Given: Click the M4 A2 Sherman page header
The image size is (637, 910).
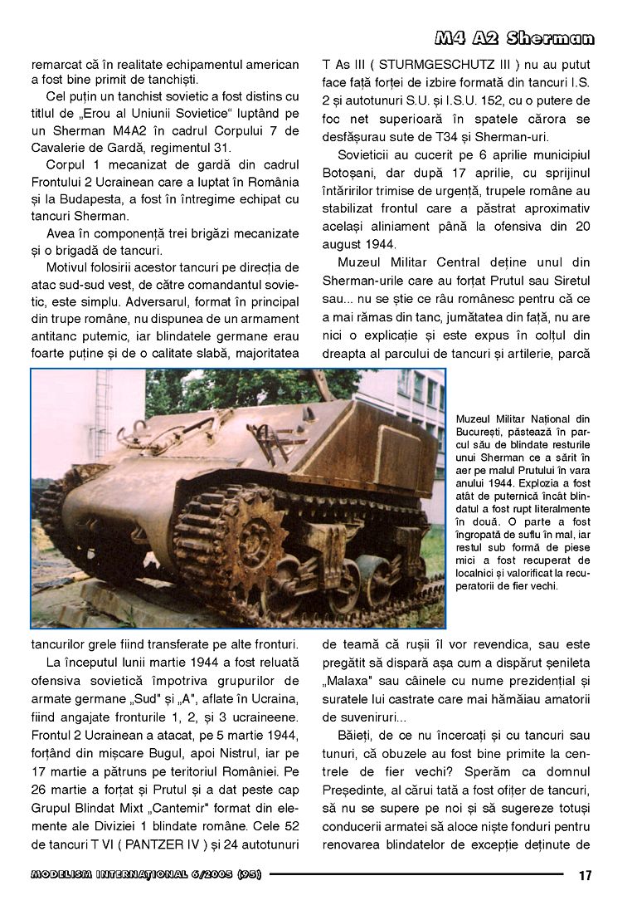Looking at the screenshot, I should tap(514, 38).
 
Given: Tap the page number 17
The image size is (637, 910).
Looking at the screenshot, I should tap(586, 874).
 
